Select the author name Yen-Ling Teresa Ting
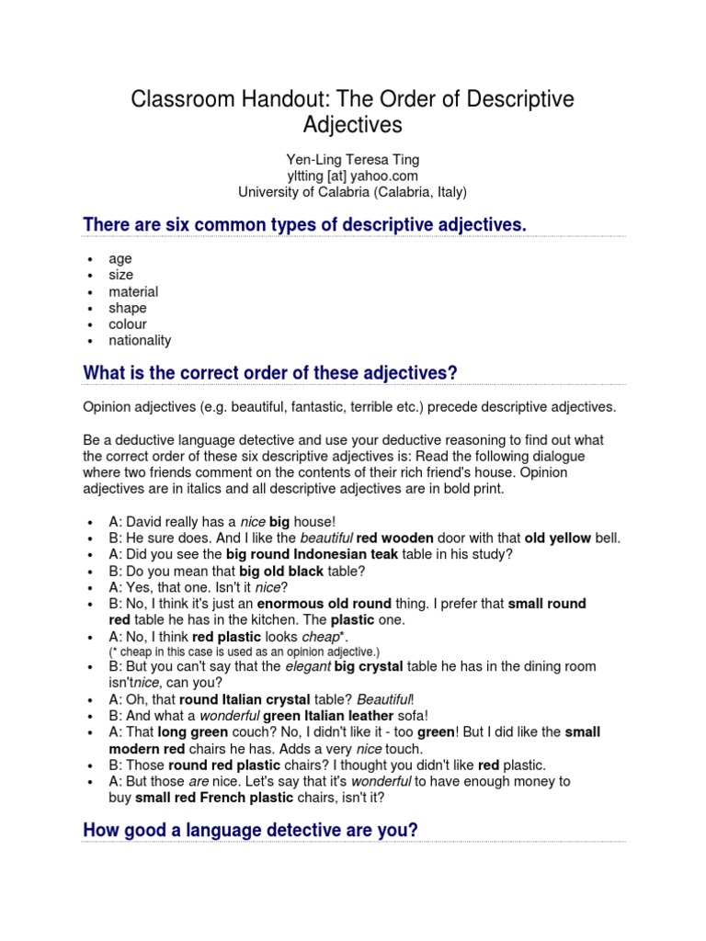[x=352, y=159]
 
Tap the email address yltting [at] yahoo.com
[x=352, y=176]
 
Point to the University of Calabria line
[x=352, y=192]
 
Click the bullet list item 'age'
[x=120, y=259]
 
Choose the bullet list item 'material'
[x=133, y=291]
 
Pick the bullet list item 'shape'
[x=128, y=308]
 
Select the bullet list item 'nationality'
[x=140, y=340]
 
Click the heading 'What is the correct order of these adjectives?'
[x=270, y=372]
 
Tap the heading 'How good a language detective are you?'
[x=250, y=830]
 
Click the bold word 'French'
[x=234, y=798]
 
